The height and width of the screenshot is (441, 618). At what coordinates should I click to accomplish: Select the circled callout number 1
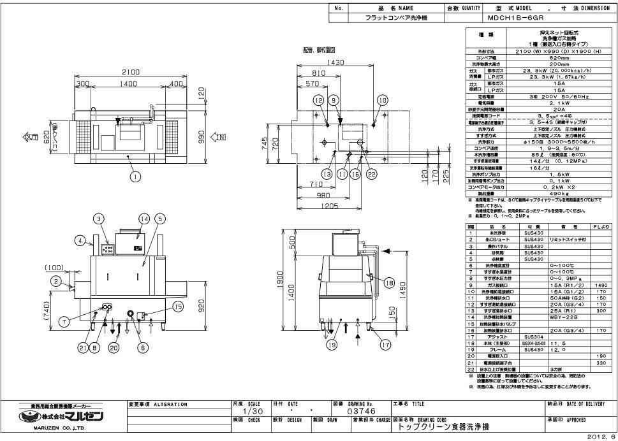135,177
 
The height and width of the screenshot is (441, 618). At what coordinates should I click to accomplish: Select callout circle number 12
318,100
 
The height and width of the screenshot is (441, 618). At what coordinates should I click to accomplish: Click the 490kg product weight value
550,194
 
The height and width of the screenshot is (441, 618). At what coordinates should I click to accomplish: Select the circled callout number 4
80,241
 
